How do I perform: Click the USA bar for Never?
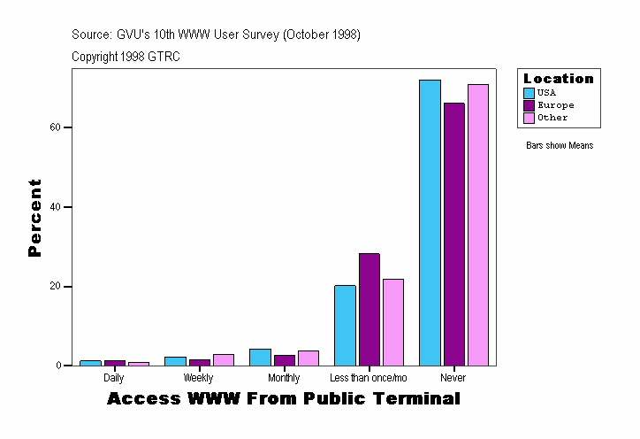tap(430, 222)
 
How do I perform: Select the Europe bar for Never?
tap(453, 234)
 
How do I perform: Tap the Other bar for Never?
tap(478, 225)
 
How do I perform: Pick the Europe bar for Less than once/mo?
tap(369, 309)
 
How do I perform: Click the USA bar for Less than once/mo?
tap(345, 325)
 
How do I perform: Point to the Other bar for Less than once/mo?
tap(392, 322)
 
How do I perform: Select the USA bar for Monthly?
tap(260, 357)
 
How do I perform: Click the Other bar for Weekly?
tap(224, 359)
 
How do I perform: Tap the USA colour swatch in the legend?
tap(529, 93)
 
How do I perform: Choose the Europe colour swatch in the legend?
tap(529, 105)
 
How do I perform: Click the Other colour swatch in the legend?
tap(529, 118)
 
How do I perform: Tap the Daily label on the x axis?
tap(114, 378)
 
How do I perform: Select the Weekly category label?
tap(198, 378)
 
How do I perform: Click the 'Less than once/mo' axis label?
tap(368, 378)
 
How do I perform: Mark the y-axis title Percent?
tap(34, 218)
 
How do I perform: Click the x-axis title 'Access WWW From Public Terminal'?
tap(284, 399)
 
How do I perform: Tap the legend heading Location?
tap(559, 79)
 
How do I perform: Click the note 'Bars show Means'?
tap(560, 146)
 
